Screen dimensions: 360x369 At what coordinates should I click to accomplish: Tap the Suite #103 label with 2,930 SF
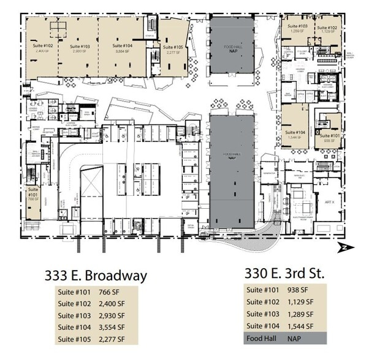point(80,48)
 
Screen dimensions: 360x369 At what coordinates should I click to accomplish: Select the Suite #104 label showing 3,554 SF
point(119,48)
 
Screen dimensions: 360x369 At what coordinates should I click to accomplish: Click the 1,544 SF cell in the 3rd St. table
point(300,325)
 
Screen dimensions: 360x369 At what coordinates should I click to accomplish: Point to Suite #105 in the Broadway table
point(75,339)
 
